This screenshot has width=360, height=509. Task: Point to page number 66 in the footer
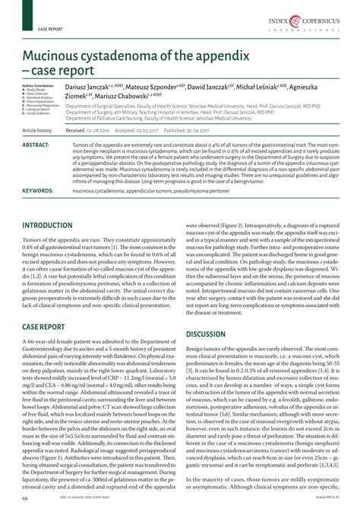24,498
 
